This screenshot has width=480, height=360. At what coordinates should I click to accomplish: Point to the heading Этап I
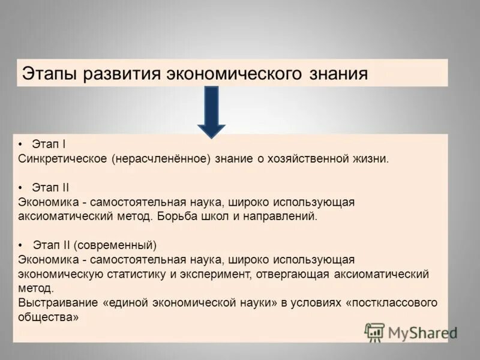(x=50, y=145)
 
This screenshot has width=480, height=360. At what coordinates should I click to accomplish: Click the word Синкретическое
(x=62, y=159)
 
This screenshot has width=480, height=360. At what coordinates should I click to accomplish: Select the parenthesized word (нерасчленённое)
(x=158, y=159)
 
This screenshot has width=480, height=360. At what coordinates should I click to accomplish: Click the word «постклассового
(x=392, y=302)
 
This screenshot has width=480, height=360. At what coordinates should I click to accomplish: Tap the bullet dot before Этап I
(x=21, y=145)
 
